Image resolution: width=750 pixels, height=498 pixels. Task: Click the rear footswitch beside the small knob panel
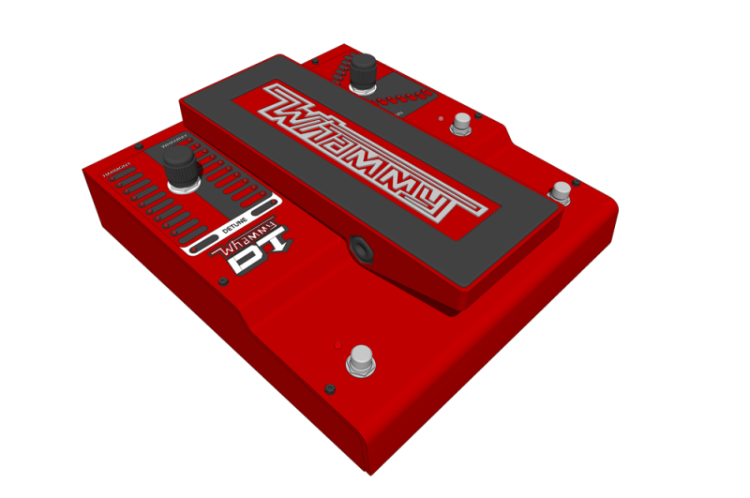click(x=461, y=123)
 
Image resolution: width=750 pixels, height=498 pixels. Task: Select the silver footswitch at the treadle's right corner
click(x=560, y=192)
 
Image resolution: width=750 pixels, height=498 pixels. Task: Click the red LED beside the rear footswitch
click(x=442, y=119)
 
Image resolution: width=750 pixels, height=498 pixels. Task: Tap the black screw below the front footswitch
click(x=330, y=388)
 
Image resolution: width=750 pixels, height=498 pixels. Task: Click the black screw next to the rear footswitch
click(x=479, y=116)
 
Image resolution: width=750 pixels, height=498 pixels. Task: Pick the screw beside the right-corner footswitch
click(x=577, y=182)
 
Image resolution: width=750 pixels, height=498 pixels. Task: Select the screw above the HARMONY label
click(x=139, y=146)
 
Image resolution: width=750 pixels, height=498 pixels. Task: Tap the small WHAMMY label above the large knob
click(x=173, y=143)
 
